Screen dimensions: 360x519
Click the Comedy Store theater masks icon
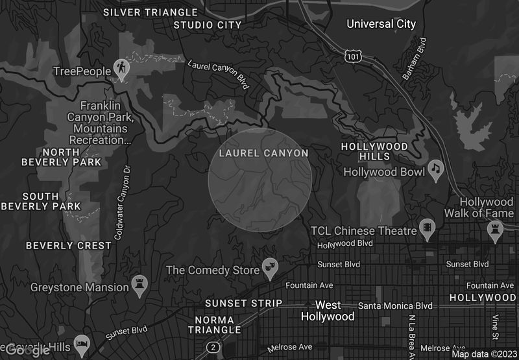tap(270, 266)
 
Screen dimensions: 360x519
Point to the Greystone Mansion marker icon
tap(139, 283)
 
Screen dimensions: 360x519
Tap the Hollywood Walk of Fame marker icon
tap(496, 229)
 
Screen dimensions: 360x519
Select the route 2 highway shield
tap(213, 348)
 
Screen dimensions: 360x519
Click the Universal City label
tap(381, 24)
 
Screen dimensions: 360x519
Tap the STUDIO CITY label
tap(208, 25)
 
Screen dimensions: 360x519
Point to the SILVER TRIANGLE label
tap(151, 12)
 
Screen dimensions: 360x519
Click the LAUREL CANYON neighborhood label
tap(263, 153)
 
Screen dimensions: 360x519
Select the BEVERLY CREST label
tap(69, 246)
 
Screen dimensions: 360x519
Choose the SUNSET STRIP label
tap(243, 303)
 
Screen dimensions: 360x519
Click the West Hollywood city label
tap(328, 311)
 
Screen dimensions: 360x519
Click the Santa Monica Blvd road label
tap(395, 306)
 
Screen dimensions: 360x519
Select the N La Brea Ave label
tap(411, 335)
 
